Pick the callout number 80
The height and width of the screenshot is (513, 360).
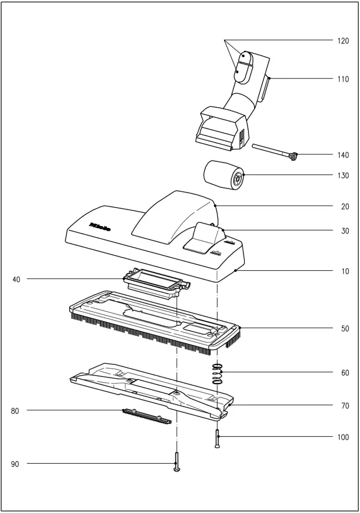click(x=15, y=410)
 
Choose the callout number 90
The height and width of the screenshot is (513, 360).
click(x=15, y=464)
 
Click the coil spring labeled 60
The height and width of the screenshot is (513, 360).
click(x=217, y=374)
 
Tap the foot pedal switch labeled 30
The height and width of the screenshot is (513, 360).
click(x=205, y=237)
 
